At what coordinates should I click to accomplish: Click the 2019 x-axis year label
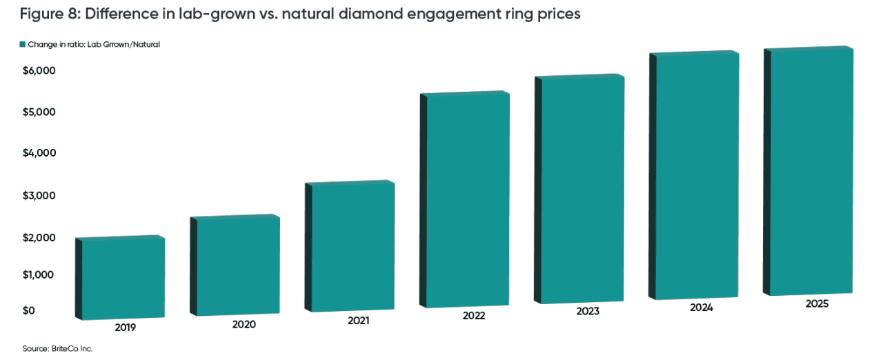coord(125,328)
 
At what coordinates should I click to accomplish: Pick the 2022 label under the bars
coord(474,316)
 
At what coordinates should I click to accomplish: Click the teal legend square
coord(23,44)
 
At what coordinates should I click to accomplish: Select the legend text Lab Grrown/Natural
coord(130,44)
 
